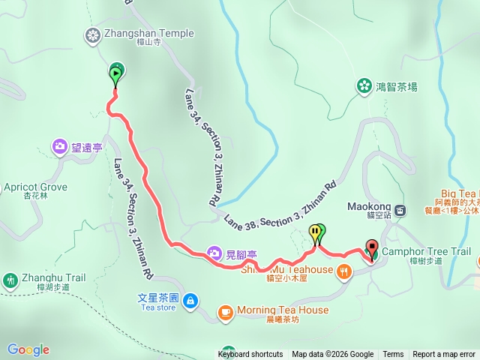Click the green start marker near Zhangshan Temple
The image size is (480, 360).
tap(116, 73)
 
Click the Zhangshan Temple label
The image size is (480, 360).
tap(148, 33)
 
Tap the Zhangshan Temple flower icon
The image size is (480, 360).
tap(92, 34)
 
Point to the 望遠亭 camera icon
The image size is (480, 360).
tap(60, 147)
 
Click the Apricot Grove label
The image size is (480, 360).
tap(35, 187)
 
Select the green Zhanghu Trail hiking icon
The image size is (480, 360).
tap(10, 280)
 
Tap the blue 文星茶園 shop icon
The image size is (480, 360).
tap(190, 301)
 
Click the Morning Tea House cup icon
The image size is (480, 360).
tap(226, 311)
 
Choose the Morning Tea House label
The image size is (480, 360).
tap(283, 310)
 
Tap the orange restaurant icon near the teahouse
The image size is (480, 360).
tap(344, 271)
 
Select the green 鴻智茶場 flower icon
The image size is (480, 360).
tap(364, 86)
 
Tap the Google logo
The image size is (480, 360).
tap(28, 349)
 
